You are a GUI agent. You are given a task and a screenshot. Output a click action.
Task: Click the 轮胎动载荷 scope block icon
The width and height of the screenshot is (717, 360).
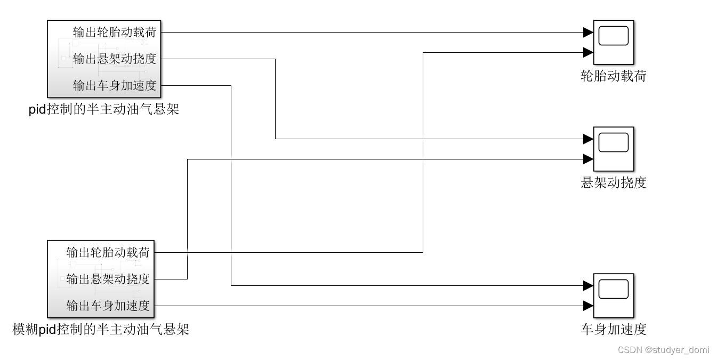pos(614,42)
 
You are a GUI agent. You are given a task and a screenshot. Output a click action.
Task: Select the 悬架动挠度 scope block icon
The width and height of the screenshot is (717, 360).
pos(614,149)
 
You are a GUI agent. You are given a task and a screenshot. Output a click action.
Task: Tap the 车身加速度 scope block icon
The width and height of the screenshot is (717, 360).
pos(614,295)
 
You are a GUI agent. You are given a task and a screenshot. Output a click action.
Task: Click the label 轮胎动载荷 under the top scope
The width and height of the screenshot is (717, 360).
pos(613,76)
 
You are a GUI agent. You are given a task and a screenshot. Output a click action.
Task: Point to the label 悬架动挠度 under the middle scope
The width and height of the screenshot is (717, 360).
pos(613,183)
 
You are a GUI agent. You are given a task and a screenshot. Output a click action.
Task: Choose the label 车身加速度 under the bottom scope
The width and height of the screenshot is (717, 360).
pos(613,329)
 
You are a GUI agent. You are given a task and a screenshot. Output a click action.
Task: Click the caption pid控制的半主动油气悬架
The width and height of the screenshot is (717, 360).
pos(103,110)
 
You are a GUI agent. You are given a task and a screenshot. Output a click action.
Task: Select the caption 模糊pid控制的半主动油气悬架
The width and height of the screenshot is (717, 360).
pos(101,330)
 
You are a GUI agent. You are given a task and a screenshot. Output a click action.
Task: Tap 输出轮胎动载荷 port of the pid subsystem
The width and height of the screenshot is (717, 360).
pos(115,32)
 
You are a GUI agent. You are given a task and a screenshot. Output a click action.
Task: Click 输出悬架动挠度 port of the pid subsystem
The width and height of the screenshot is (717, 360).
pos(115,59)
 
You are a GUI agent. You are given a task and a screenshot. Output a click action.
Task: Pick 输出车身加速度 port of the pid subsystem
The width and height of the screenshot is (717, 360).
pos(115,85)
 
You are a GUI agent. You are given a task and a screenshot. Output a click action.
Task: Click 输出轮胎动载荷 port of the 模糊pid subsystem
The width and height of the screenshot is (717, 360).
pos(108,252)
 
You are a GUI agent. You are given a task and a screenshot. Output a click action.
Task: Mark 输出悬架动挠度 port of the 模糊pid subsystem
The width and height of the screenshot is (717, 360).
pos(108,279)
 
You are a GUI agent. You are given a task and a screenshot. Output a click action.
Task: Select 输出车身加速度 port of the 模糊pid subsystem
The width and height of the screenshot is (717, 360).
pos(108,306)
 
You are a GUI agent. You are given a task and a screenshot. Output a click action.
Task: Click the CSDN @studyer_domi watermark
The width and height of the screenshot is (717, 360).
pos(663,350)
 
